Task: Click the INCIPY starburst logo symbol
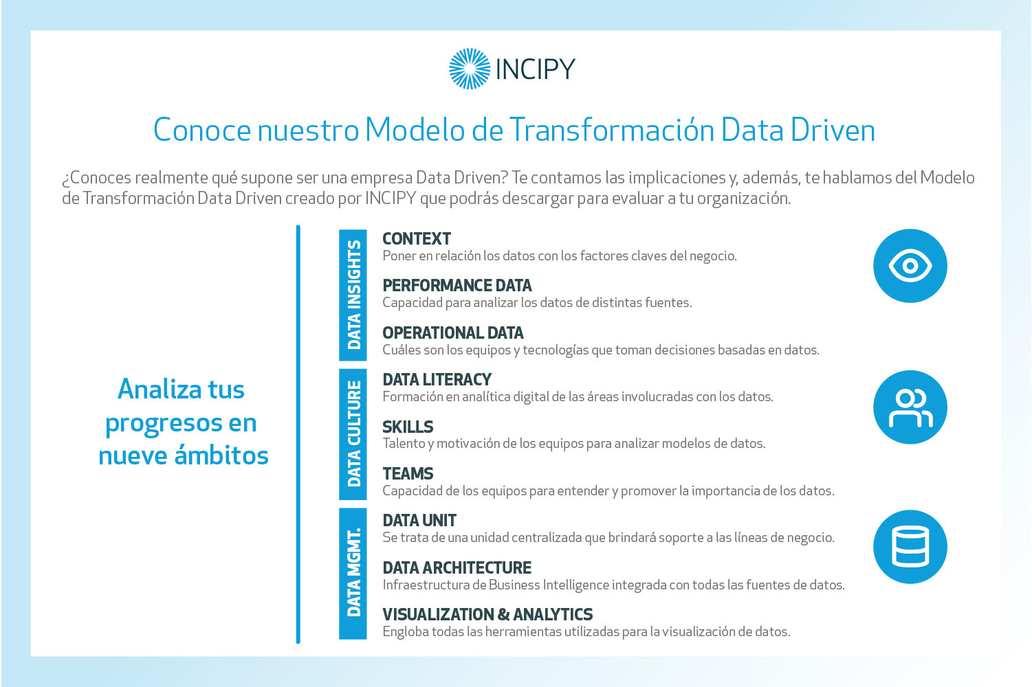click(x=470, y=69)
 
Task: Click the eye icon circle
click(x=910, y=266)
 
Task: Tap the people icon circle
click(x=910, y=407)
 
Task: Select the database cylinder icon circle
click(x=910, y=547)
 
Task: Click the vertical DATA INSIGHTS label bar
click(x=353, y=295)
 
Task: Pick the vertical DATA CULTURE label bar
click(x=353, y=434)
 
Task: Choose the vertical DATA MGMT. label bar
click(x=353, y=574)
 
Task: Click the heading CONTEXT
click(x=417, y=238)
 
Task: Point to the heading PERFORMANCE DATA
click(x=457, y=286)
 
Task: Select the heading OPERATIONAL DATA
click(x=453, y=333)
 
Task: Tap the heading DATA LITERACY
click(x=437, y=379)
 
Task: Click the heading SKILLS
click(x=408, y=427)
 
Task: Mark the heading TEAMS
click(x=408, y=473)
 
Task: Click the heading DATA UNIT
click(x=419, y=520)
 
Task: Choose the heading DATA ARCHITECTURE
click(x=457, y=567)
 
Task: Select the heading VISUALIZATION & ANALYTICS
click(x=487, y=614)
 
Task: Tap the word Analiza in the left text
click(x=160, y=390)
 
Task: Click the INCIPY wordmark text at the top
click(x=535, y=69)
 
